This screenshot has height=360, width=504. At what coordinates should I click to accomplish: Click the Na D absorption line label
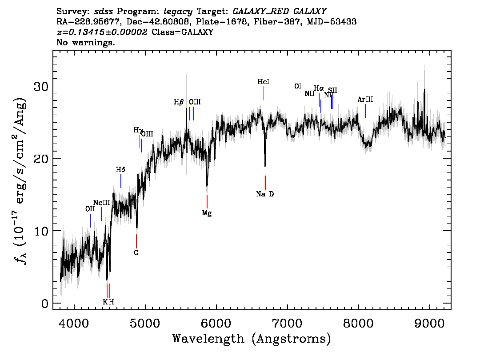pyautogui.click(x=265, y=194)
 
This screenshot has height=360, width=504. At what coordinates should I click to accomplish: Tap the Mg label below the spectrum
pyautogui.click(x=207, y=213)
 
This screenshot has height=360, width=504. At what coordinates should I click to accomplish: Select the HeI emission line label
pyautogui.click(x=264, y=82)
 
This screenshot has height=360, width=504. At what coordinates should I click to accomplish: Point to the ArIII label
pyautogui.click(x=365, y=100)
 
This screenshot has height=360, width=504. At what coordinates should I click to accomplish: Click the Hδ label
pyautogui.click(x=120, y=170)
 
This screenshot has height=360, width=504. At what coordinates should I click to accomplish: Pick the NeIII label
pyautogui.click(x=101, y=203)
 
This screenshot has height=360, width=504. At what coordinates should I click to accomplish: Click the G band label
pyautogui.click(x=136, y=253)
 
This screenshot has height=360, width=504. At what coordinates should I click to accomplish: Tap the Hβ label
pyautogui.click(x=179, y=102)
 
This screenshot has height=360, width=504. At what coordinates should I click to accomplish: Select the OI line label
pyautogui.click(x=298, y=86)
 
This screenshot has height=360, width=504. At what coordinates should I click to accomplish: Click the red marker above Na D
pyautogui.click(x=265, y=183)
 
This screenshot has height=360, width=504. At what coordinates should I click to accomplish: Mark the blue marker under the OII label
pyautogui.click(x=90, y=220)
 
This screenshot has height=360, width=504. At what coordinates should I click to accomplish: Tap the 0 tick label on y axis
pyautogui.click(x=45, y=304)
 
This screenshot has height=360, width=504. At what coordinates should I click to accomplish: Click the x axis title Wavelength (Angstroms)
pyautogui.click(x=252, y=339)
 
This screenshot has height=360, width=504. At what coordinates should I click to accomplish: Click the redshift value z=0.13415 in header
pyautogui.click(x=102, y=32)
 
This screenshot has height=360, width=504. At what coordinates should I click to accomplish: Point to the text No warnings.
pyautogui.click(x=86, y=43)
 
